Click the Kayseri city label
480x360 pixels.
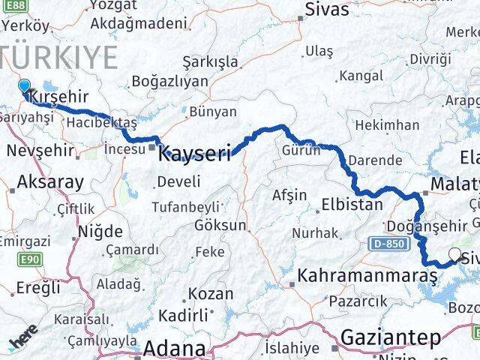[194, 154]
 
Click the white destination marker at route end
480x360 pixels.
[454, 255]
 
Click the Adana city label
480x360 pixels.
[174, 349]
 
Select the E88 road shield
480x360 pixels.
[13, 4]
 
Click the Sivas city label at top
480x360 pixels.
[327, 10]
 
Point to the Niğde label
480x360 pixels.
[98, 233]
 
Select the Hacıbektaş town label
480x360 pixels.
[101, 121]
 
